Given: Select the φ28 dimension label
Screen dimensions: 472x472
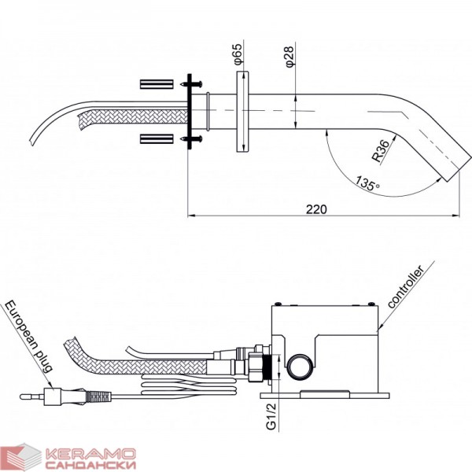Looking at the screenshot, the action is pyautogui.click(x=289, y=57).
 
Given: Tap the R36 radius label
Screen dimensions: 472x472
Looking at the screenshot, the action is pyautogui.click(x=381, y=152).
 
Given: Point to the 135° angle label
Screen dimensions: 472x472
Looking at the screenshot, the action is pyautogui.click(x=367, y=183).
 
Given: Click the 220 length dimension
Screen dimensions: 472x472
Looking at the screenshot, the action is pyautogui.click(x=316, y=209).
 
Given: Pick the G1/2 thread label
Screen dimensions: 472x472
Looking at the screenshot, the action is pyautogui.click(x=271, y=417).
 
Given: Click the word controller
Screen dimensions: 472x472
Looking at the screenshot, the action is pyautogui.click(x=406, y=286).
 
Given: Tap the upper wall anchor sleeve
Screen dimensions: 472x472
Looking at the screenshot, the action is pyautogui.click(x=157, y=84).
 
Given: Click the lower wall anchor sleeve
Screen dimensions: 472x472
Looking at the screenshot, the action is pyautogui.click(x=157, y=138).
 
